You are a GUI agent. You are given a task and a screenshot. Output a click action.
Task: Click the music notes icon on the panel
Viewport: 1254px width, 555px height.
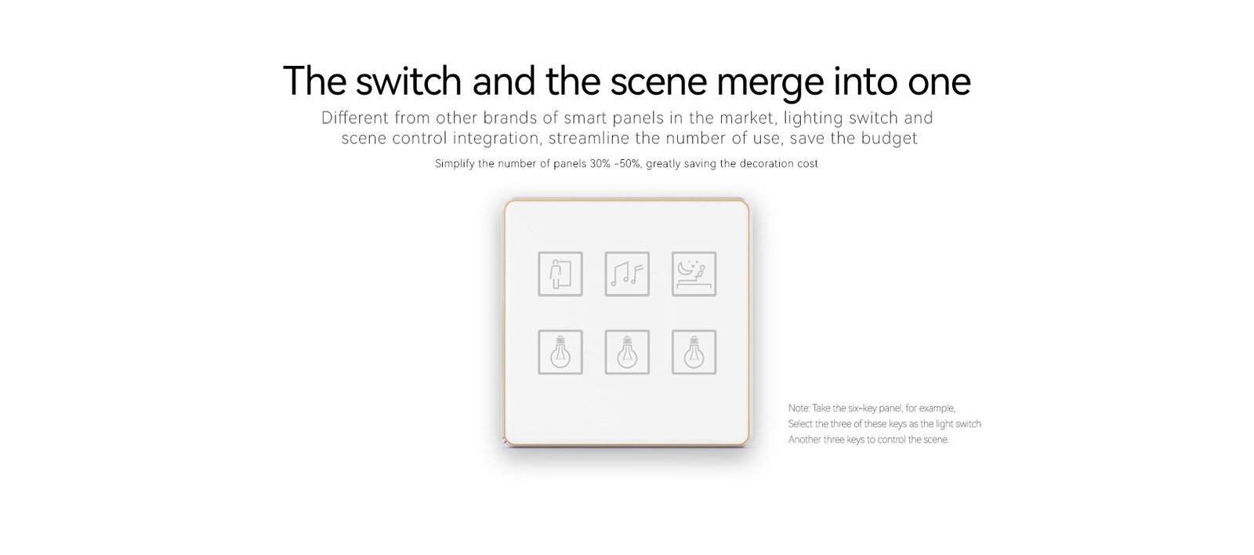pos(627,274)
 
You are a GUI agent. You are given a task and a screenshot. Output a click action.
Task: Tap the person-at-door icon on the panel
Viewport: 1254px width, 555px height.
pos(560,274)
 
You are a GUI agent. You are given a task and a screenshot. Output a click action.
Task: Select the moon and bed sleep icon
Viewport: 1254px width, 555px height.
pos(694,274)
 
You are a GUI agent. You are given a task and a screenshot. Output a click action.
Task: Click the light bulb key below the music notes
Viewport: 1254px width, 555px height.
pos(627,352)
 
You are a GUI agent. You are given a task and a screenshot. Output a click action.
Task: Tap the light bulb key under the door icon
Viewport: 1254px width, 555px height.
pos(560,352)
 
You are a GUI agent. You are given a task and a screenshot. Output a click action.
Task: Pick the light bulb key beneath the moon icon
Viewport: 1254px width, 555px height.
pos(694,352)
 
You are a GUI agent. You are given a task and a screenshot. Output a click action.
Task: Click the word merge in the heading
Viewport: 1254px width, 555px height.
pos(770,82)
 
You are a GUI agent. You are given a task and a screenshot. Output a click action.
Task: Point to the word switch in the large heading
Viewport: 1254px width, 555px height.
pos(408,82)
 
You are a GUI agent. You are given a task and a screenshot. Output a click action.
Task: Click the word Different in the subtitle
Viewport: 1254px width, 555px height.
pos(354,118)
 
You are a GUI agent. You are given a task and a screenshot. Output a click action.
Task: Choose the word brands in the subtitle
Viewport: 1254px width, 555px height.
pos(511,118)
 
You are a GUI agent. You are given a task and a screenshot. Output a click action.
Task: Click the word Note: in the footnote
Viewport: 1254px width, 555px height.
pos(799,408)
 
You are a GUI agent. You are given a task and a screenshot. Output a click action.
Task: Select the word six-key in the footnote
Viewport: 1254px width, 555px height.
pos(862,408)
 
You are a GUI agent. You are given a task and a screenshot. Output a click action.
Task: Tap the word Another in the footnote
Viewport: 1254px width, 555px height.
pos(804,440)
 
